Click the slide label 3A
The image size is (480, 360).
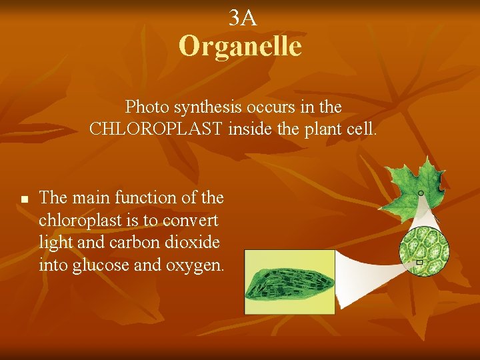[242, 19]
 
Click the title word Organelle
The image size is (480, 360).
[240, 47]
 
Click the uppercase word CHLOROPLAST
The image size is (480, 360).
[157, 129]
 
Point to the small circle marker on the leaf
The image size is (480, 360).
[421, 193]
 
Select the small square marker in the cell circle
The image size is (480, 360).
[419, 262]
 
